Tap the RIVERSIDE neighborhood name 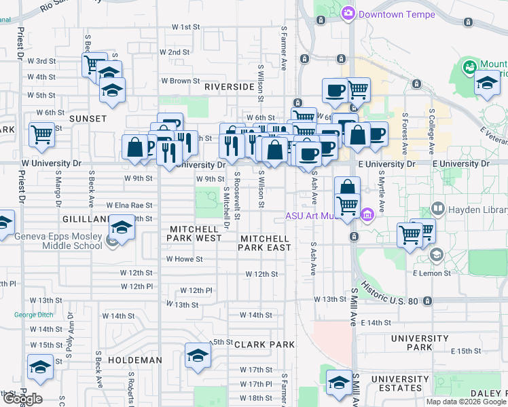230,88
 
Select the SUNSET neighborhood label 88,119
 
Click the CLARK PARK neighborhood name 264,345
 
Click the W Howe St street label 185,259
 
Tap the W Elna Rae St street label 129,205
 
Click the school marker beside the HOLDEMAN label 198,355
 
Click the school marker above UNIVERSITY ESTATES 339,383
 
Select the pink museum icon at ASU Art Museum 367,216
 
